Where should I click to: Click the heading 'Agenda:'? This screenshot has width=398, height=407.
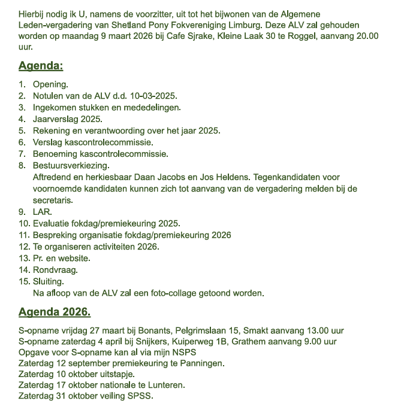[41, 66]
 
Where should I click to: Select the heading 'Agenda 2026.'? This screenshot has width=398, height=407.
[55, 312]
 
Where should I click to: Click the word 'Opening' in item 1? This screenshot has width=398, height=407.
[50, 84]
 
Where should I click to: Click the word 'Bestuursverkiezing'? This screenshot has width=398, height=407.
[71, 165]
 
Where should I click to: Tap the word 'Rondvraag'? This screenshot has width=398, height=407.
[55, 270]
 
